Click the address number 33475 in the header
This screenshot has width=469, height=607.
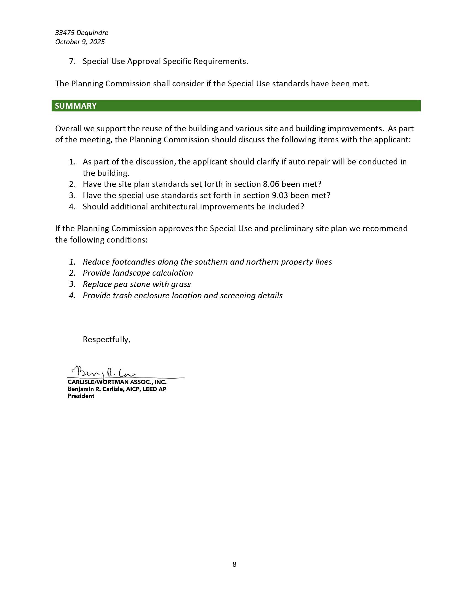(65, 33)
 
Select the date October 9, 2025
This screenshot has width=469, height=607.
(80, 42)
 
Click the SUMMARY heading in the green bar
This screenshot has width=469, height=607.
(76, 106)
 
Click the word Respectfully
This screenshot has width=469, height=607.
(106, 339)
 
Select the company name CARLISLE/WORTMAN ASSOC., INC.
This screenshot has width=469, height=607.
(117, 382)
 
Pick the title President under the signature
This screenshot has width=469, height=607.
(81, 396)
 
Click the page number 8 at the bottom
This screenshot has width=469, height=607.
(234, 564)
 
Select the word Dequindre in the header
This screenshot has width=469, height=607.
(92, 33)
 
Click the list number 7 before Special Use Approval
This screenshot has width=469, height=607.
(72, 62)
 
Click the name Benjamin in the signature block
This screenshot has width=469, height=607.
(80, 389)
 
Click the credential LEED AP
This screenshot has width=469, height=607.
(154, 389)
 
